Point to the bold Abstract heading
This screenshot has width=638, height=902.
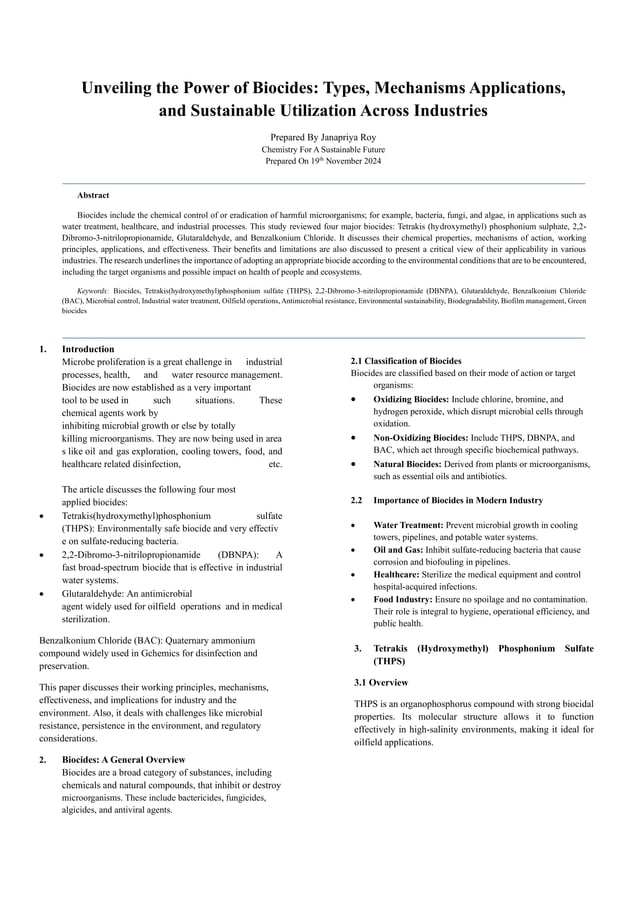(x=93, y=195)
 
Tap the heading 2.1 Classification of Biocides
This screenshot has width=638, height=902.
(x=405, y=360)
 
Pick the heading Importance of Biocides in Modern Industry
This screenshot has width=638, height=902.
(x=458, y=499)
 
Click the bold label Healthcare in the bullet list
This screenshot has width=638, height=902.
(x=399, y=575)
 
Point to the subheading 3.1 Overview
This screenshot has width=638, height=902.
(x=381, y=682)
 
